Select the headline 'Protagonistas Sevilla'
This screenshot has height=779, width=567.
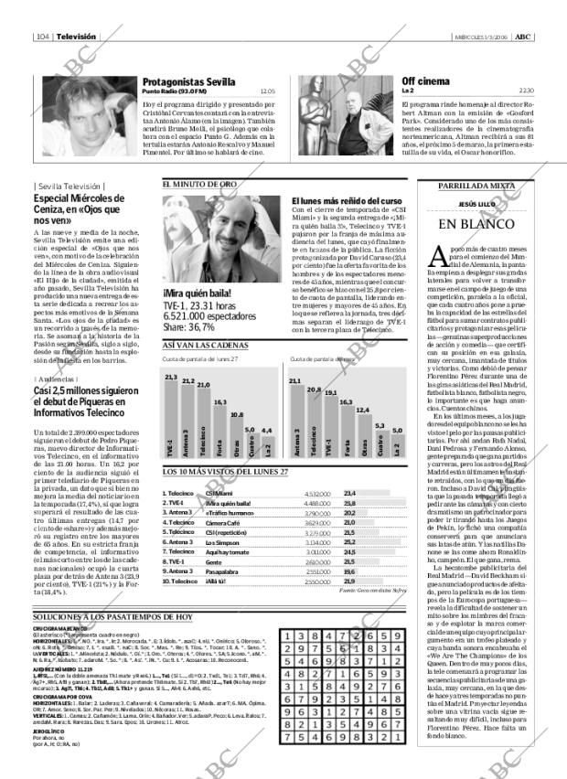188,81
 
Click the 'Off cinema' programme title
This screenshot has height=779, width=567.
426,81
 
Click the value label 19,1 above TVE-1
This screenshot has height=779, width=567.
328,391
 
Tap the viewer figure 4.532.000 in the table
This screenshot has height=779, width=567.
316,492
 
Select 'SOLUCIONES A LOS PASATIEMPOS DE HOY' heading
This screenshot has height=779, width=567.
112,617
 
